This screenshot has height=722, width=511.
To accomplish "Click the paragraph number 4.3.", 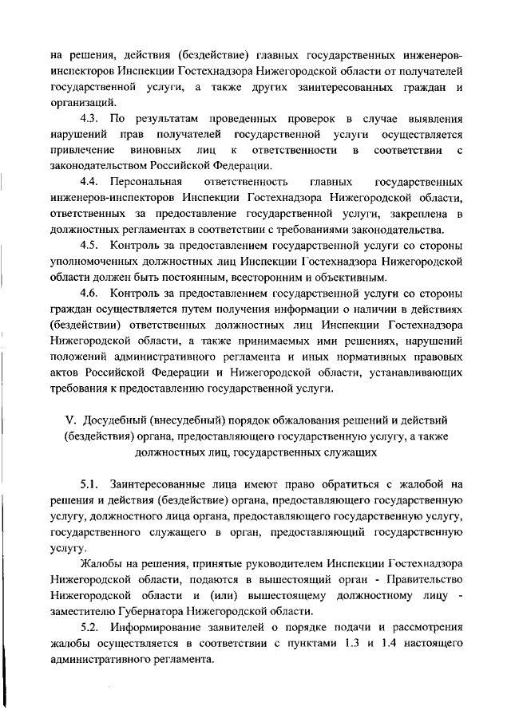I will [92, 118].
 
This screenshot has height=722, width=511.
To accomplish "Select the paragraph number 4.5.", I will [92, 245].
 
